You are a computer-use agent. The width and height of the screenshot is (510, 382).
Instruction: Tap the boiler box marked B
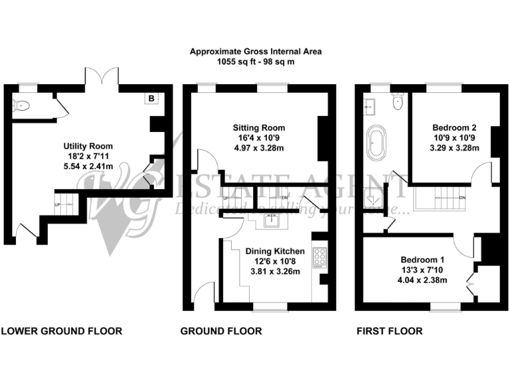(151, 99)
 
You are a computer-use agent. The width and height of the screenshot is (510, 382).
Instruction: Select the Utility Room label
(88, 146)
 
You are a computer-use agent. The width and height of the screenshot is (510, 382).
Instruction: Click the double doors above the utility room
(102, 78)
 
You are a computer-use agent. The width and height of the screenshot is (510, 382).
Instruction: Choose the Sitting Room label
(258, 128)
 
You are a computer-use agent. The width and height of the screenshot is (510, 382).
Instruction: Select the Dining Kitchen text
(275, 251)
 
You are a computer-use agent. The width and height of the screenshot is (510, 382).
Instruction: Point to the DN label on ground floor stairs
(285, 198)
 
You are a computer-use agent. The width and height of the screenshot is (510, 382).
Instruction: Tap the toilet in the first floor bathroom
(396, 101)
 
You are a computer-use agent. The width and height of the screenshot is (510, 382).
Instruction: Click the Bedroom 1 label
(423, 259)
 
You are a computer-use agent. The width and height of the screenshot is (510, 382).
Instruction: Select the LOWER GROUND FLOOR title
(61, 331)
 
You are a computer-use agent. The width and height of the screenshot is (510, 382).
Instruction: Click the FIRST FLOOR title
(389, 331)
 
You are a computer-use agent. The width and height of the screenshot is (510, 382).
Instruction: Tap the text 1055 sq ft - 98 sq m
(256, 61)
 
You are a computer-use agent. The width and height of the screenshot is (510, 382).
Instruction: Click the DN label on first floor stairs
(462, 198)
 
